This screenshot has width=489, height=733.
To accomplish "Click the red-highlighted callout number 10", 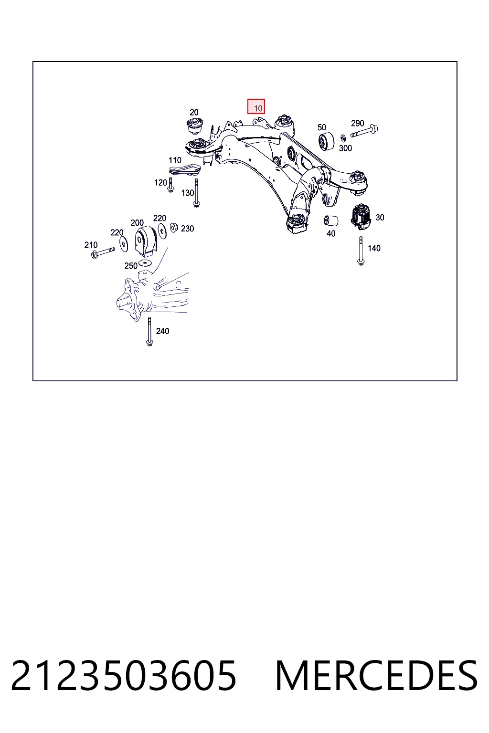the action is [x=258, y=108].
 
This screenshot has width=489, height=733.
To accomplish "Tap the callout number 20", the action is [x=194, y=112].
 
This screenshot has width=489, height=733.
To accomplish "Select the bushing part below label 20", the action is [x=194, y=126].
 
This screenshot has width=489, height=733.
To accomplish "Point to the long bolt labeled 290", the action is [x=364, y=131].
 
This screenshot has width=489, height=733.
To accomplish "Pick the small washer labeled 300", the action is [x=343, y=138].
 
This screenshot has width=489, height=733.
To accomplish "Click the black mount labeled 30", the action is [x=361, y=217].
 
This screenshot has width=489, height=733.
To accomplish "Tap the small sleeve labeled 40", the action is [x=331, y=221].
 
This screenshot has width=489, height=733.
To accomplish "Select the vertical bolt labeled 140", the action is [x=361, y=251].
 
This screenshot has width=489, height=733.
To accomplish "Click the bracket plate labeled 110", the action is [x=185, y=170].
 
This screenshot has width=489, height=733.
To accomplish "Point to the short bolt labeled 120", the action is [x=170, y=185].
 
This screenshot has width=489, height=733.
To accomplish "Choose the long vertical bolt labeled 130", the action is [x=196, y=193].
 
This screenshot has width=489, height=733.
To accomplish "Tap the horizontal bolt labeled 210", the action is [x=103, y=252].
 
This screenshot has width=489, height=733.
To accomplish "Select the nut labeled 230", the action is [x=174, y=227].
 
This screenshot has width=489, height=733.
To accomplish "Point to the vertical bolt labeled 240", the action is [x=149, y=332].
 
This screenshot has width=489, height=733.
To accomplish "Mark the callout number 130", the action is [x=188, y=193].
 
